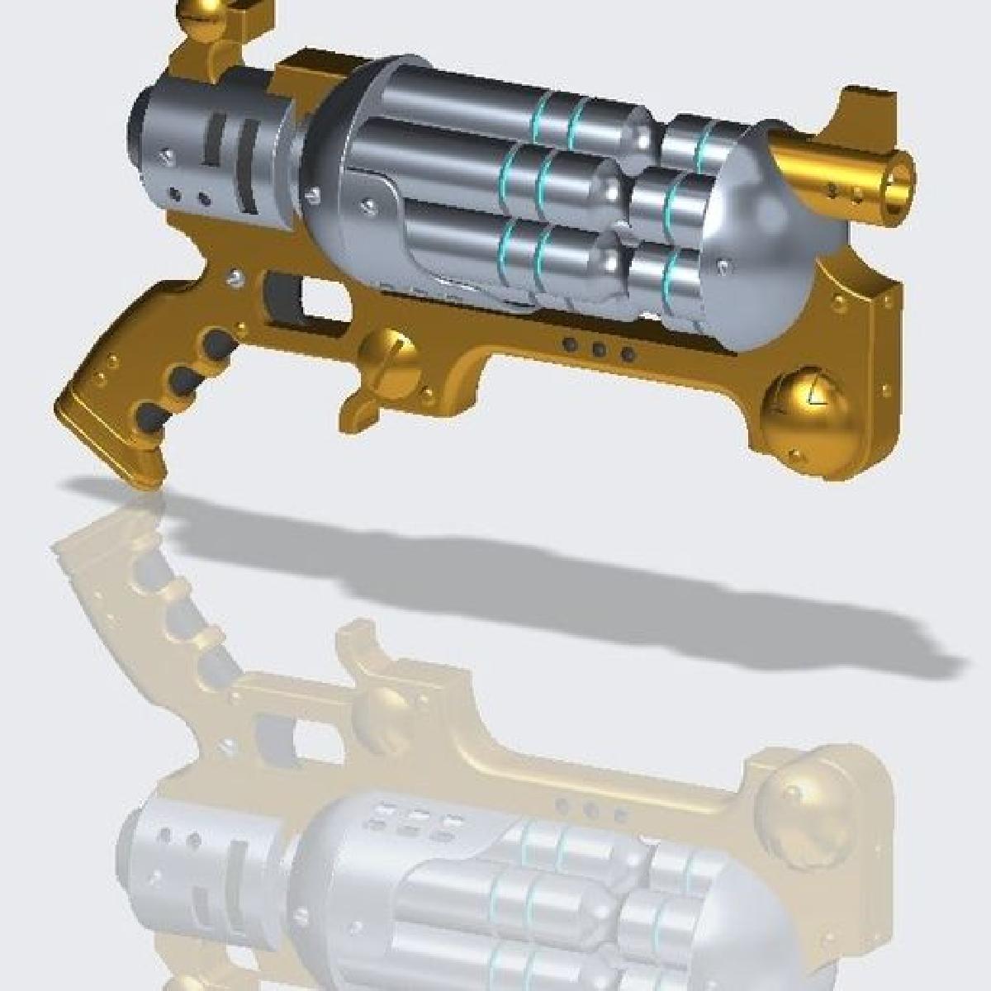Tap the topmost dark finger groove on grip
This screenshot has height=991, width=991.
coord(216,341)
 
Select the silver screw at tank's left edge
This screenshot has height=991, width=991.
coord(313,196)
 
